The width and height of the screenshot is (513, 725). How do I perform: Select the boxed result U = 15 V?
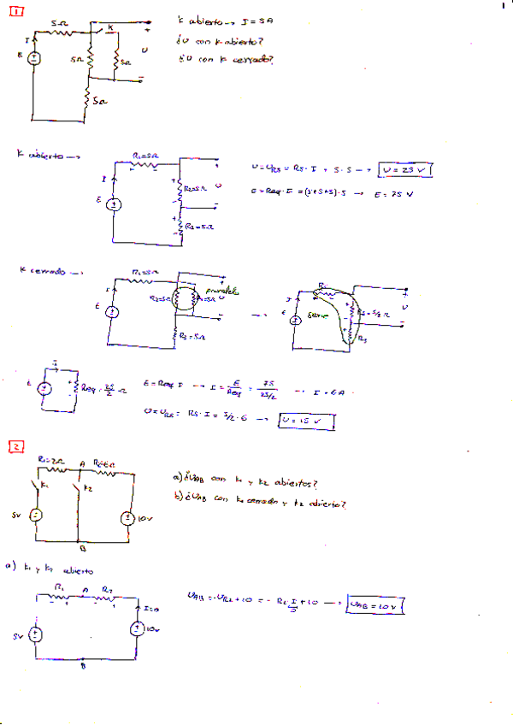point(305,421)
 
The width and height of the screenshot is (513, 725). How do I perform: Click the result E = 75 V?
point(393,194)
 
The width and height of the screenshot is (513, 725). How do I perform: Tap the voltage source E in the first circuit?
point(33,59)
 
